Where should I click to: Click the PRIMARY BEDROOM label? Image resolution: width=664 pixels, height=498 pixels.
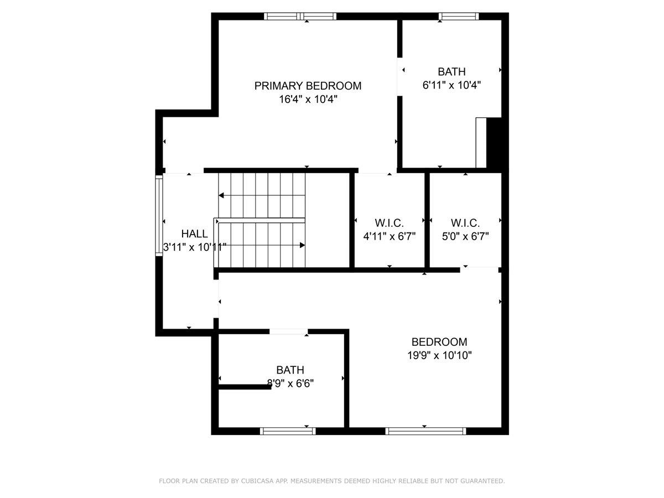[308, 86]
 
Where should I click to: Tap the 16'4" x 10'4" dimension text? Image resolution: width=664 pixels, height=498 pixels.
[308, 100]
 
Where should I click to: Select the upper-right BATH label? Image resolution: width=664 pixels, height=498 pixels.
[452, 71]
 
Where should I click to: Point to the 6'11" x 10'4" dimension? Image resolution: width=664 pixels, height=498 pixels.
[452, 85]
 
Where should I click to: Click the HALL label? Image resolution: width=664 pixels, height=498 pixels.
[194, 234]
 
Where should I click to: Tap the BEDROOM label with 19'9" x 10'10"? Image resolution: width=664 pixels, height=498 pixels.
[439, 342]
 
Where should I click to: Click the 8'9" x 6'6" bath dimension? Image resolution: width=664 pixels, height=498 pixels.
[290, 383]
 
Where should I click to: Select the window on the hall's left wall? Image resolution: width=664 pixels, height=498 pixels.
[159, 216]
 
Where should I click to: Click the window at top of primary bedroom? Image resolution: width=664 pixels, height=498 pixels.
[300, 16]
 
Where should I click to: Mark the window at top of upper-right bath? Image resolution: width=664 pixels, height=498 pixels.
[458, 16]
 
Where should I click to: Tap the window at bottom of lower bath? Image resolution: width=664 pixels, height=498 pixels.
[288, 431]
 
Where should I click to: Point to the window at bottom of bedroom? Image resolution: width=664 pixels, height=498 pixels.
[426, 431]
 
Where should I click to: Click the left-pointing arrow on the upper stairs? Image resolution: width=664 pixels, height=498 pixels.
[221, 195]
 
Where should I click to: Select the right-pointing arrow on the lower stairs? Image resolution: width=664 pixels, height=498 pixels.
[302, 245]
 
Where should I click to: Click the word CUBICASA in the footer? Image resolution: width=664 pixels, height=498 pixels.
[258, 481]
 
